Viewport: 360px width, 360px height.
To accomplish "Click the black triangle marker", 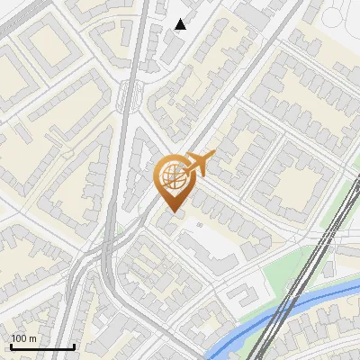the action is pos(181,24).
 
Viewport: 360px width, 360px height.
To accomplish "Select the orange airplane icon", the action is pos(198,164).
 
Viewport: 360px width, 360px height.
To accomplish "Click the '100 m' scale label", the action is pos(24,338).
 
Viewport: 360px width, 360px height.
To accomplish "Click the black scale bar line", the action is pos(42,346).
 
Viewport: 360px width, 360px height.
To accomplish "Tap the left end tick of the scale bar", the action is pos(11,345).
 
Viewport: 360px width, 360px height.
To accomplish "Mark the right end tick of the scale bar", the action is pos(74,345).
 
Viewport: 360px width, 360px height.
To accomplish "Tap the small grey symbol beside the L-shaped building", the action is pos(199,226).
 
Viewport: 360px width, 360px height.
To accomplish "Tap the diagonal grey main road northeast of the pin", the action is pos(243,90).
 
